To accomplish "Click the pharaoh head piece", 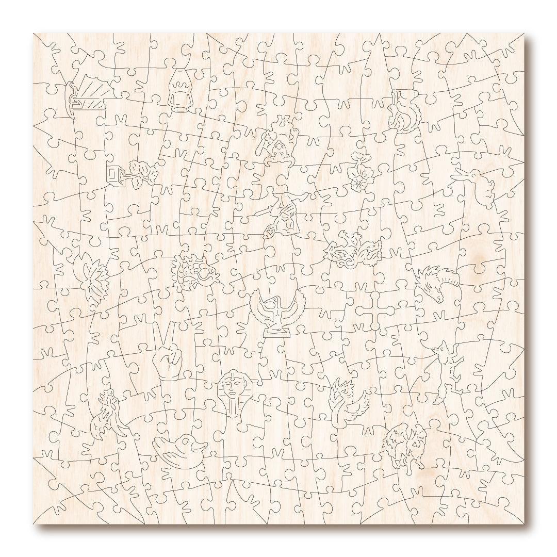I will [233, 395].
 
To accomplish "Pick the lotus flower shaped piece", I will [91, 276].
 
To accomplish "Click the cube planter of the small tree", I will [114, 174].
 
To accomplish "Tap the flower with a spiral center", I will [358, 178].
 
